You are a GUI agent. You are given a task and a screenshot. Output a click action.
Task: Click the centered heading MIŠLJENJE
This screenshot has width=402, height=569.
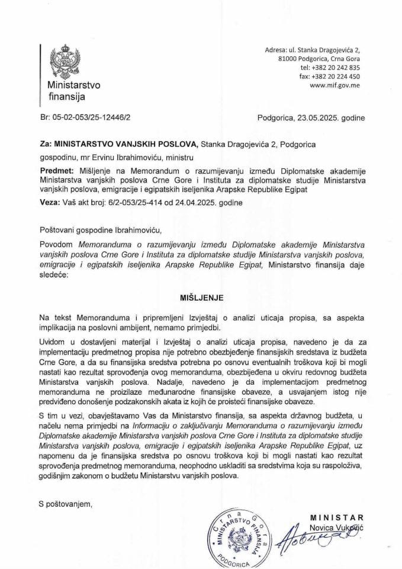pos(201,292)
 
